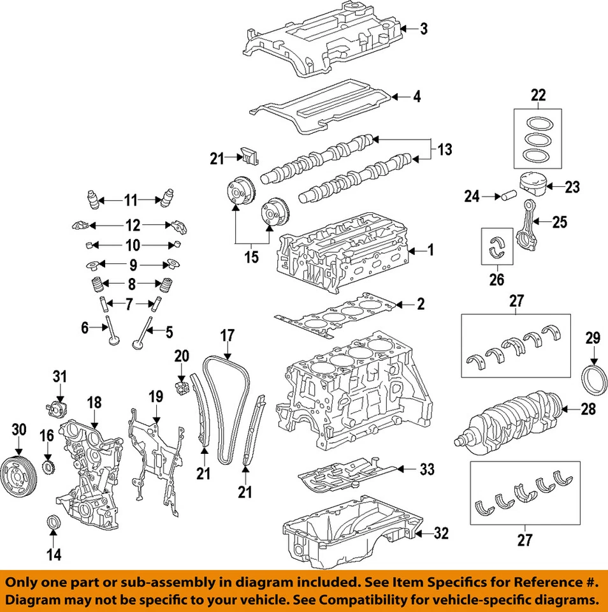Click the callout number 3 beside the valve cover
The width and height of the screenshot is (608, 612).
pyautogui.click(x=424, y=29)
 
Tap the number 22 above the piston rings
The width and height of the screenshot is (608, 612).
pyautogui.click(x=539, y=96)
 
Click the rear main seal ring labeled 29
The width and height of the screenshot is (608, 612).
pyautogui.click(x=593, y=380)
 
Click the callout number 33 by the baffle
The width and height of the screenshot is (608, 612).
pyautogui.click(x=426, y=470)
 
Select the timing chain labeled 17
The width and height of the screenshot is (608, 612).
pyautogui.click(x=227, y=408)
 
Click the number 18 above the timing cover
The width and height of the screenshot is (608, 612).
pyautogui.click(x=94, y=402)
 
